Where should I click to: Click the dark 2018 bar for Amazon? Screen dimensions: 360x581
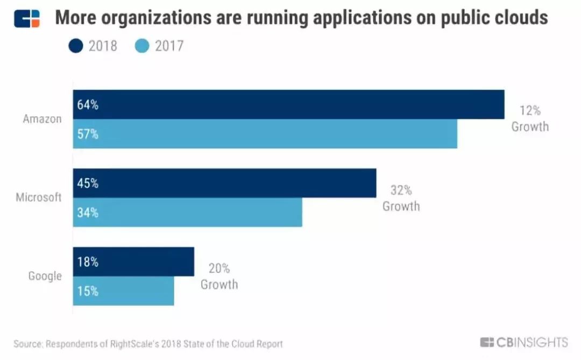pos(289,104)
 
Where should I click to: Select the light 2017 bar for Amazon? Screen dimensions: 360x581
pos(265,134)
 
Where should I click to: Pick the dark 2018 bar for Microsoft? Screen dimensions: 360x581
pos(225,183)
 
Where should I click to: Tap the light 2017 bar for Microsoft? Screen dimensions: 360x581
pos(188,213)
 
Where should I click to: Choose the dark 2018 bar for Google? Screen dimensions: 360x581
pos(133,262)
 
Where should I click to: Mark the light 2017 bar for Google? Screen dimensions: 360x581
pos(124,291)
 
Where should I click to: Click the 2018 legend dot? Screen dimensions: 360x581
pos(76,46)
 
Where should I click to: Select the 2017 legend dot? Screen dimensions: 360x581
pos(142,46)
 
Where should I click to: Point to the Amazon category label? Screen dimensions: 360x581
pos(42,119)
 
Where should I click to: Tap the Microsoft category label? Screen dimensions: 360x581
pos(39,197)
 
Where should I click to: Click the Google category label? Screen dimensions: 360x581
pos(45,276)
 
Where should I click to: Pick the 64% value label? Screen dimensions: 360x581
pos(88,105)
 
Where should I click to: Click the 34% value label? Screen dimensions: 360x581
pos(88,213)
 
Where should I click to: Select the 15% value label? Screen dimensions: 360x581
pos(88,291)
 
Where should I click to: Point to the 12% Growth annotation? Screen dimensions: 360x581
pos(530,119)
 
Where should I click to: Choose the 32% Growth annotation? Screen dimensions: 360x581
pos(401,198)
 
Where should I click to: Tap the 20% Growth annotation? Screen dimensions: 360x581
pos(219,277)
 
